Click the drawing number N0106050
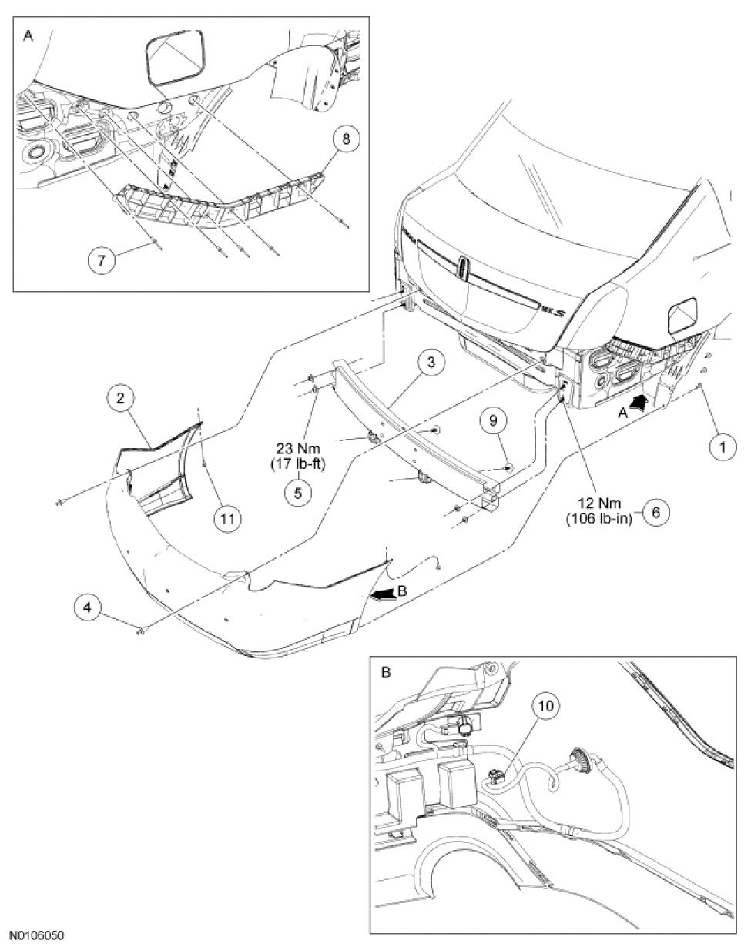click(32, 936)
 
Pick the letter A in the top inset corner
click(28, 35)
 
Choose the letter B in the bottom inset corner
click(386, 672)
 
